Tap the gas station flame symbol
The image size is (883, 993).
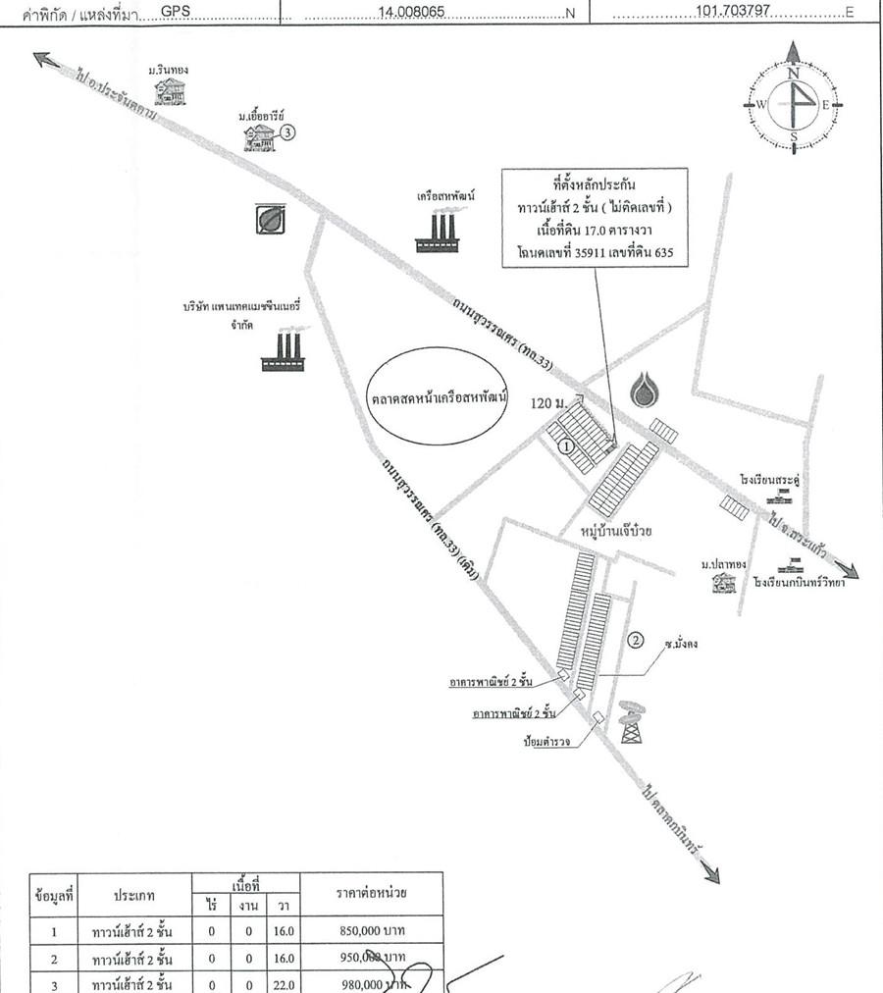point(646,390)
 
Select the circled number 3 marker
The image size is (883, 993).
point(286,131)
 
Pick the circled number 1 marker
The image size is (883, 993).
point(565,444)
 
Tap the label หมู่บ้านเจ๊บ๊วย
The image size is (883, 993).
point(619,531)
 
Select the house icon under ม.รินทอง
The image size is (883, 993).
point(170,90)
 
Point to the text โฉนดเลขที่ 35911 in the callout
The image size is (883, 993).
point(563,252)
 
